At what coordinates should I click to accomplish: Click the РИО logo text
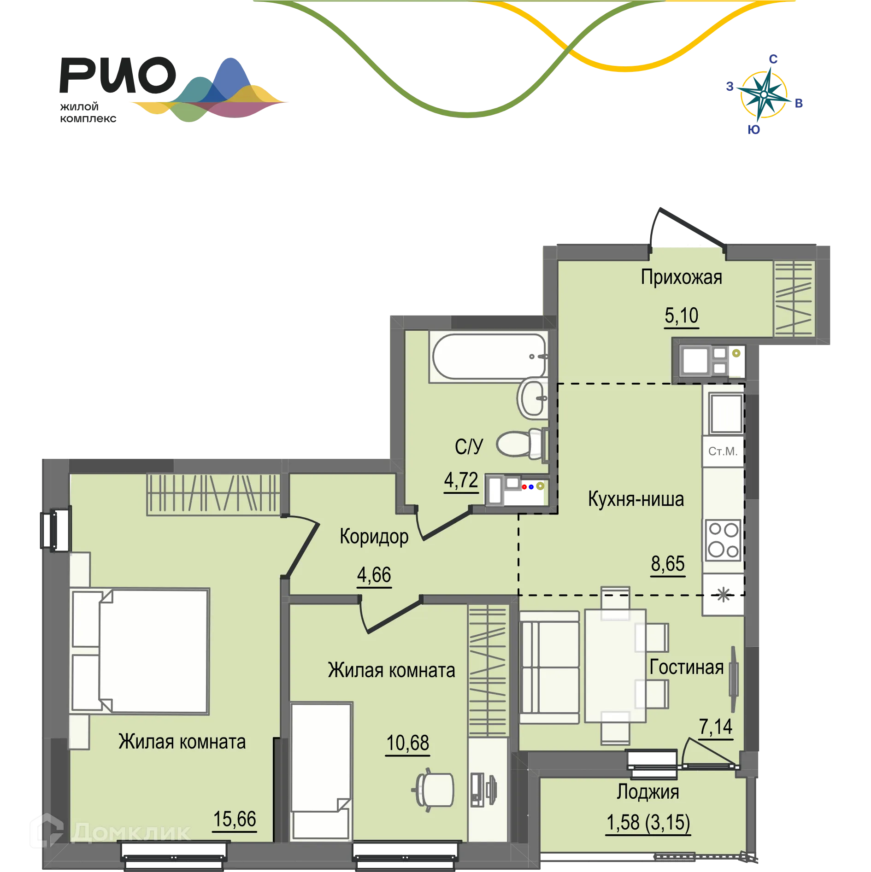(118, 75)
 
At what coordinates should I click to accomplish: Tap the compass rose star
(764, 94)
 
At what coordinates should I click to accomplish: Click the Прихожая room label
(681, 277)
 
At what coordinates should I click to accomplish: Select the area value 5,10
(681, 316)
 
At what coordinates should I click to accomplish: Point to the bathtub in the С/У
(489, 357)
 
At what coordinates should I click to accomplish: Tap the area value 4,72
(461, 480)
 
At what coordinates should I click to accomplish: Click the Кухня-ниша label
(636, 499)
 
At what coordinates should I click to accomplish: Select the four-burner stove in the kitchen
(723, 540)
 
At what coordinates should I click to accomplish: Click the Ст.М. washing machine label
(723, 451)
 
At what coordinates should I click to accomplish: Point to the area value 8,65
(668, 563)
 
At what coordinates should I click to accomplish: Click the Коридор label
(374, 537)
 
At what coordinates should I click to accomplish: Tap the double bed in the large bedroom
(140, 651)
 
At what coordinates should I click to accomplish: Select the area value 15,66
(235, 819)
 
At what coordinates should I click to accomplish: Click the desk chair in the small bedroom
(433, 790)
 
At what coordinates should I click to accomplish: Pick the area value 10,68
(408, 743)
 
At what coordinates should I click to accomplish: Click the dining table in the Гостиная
(615, 666)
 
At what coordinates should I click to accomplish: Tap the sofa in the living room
(549, 667)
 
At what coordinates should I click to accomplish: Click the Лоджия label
(648, 792)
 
